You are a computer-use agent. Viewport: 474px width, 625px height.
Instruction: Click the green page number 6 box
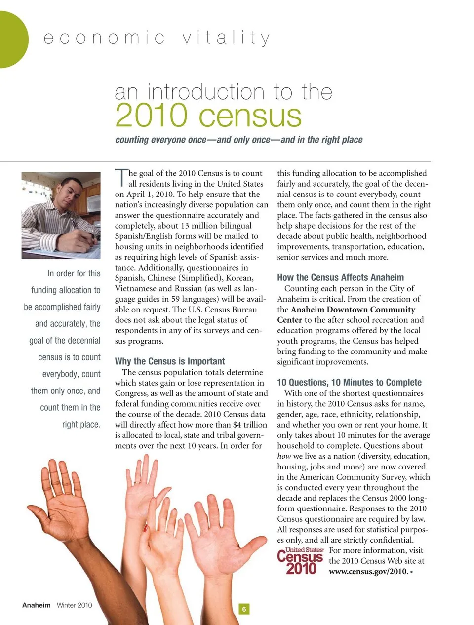pos(243,609)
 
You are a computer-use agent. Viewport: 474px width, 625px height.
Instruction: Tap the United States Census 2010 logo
pos(300,561)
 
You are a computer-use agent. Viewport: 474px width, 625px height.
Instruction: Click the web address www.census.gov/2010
pos(368,572)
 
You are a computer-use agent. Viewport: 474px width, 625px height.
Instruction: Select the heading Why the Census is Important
pos(169,361)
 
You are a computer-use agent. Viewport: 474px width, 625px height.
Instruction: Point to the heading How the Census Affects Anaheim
pos(340,278)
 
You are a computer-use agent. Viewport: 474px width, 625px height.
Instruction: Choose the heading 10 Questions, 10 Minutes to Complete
pos(349,383)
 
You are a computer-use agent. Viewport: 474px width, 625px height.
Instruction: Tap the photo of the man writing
pos(61,215)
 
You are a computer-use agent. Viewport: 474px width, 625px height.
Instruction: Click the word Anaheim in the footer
pos(36,605)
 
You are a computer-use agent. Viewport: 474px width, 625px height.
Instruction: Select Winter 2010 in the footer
pos(74,605)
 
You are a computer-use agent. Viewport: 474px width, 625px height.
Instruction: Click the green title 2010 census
pos(208,116)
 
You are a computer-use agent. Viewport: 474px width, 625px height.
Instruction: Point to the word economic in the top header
pos(104,38)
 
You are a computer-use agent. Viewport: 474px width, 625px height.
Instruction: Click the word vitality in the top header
pos(226,38)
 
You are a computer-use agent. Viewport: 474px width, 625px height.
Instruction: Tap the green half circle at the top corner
pos(12,39)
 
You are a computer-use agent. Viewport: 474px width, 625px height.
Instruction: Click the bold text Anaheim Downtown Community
pos(353,310)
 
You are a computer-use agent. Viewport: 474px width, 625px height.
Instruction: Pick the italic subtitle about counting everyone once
pos(238,140)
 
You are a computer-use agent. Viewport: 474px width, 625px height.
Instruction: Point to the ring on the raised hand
pos(137,481)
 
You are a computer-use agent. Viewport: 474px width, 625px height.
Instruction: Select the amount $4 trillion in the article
pos(250,425)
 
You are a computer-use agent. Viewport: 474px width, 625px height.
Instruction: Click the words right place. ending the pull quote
pos(81,425)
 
